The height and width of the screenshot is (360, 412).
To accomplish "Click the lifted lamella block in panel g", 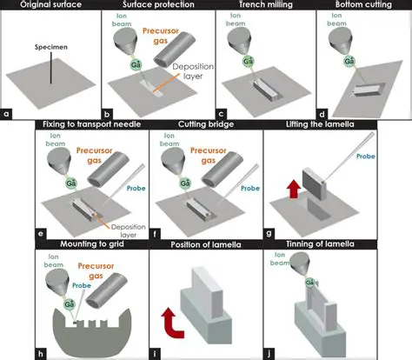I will tap(318, 178).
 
